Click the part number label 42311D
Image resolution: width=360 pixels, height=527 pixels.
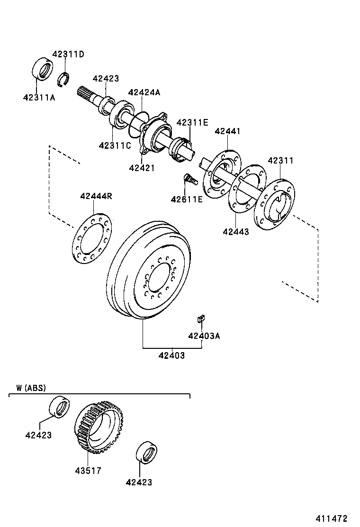[x=68, y=54]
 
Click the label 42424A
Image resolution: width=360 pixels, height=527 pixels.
[x=144, y=92]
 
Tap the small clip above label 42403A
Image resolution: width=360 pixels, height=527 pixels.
[x=200, y=317]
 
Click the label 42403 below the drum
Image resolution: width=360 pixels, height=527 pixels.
[x=171, y=355]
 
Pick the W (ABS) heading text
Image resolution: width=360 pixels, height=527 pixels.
[x=31, y=388]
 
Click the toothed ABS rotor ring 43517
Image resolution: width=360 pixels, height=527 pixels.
[x=97, y=427]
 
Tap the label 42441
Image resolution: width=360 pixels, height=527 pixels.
[x=227, y=131]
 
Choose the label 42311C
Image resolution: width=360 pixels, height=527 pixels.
[x=115, y=145]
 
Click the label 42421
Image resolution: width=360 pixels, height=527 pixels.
[x=142, y=167]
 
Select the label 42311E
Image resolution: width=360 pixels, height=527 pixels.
[x=192, y=122]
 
